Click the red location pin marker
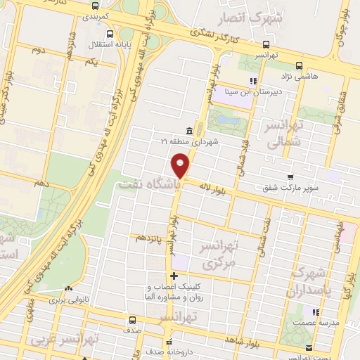181,165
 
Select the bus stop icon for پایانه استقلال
110,34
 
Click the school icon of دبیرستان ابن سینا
253,81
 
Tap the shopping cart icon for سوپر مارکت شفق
288,177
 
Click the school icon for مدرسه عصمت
317,312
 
